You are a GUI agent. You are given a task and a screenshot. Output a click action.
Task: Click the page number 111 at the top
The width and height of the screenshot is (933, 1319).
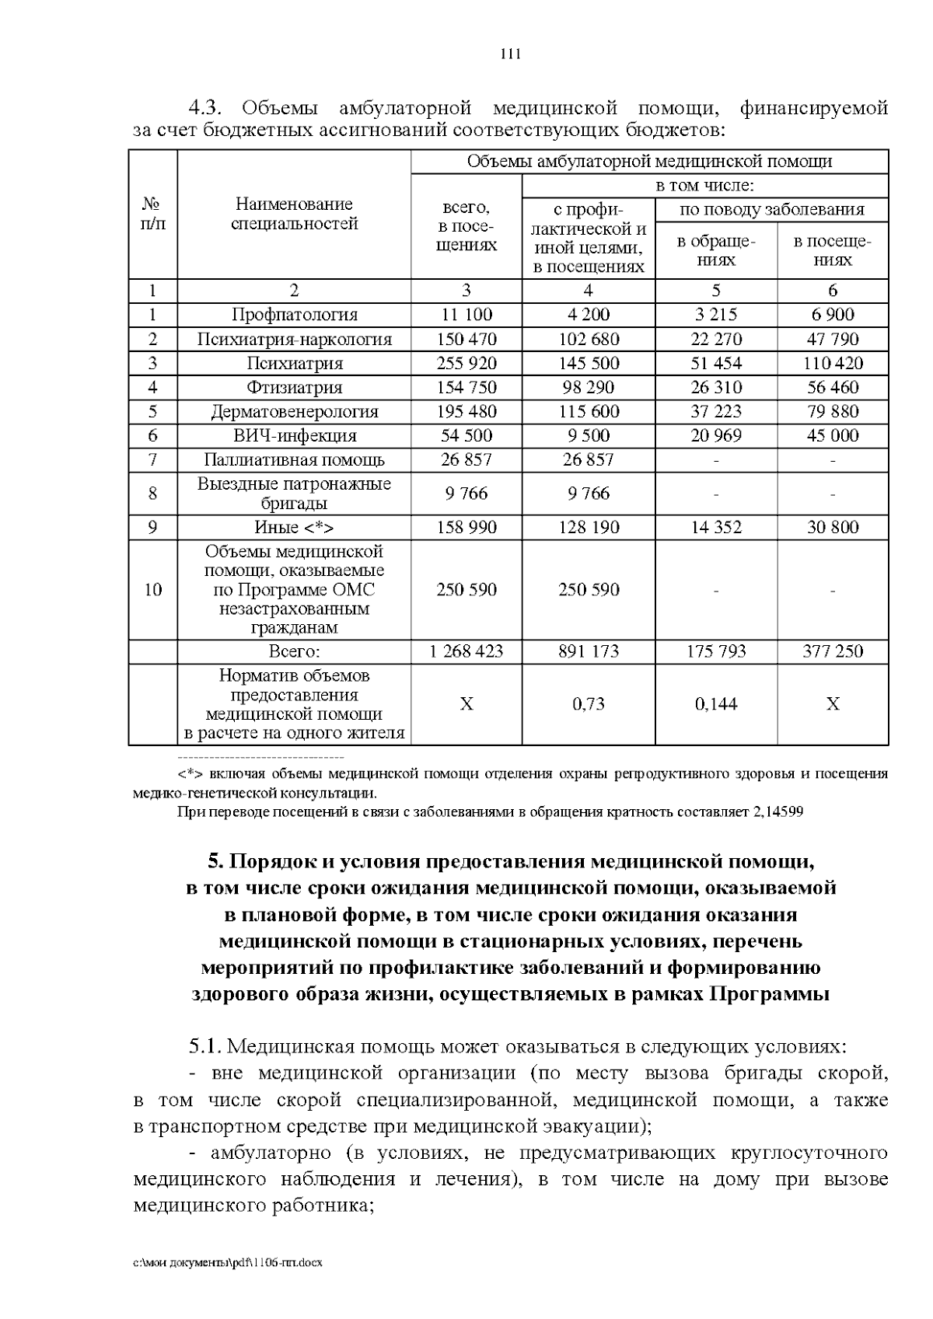(509, 54)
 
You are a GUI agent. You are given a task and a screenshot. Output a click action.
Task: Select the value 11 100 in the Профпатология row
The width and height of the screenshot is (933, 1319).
(466, 315)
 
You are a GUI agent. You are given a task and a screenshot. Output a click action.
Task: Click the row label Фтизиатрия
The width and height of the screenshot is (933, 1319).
(294, 387)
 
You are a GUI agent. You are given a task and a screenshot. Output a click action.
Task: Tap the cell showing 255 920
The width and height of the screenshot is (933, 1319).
(466, 363)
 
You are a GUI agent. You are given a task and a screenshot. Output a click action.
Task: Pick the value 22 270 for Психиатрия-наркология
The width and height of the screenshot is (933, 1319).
(716, 339)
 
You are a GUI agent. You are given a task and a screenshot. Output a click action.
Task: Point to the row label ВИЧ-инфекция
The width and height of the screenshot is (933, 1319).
(294, 435)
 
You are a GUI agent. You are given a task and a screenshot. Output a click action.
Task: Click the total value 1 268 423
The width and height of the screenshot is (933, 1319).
(466, 651)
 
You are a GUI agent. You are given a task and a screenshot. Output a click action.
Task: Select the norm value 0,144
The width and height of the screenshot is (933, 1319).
(716, 704)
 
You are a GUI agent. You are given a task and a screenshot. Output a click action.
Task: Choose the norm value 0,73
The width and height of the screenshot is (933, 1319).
(589, 704)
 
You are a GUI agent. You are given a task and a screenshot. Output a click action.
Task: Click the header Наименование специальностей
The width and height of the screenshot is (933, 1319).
(294, 214)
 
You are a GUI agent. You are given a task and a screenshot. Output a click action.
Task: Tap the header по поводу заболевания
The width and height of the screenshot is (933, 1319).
(771, 209)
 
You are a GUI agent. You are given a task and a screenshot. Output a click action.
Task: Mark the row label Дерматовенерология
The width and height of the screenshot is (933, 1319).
(294, 411)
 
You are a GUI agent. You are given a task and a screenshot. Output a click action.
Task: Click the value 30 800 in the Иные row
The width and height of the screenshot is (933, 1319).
(833, 527)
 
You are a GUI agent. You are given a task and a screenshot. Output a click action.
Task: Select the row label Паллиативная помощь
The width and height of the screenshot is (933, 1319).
(294, 459)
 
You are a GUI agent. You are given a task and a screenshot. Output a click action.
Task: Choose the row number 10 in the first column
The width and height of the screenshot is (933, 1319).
(153, 589)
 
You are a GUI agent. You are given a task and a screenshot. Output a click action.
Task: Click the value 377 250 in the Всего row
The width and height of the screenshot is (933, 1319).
(833, 651)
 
